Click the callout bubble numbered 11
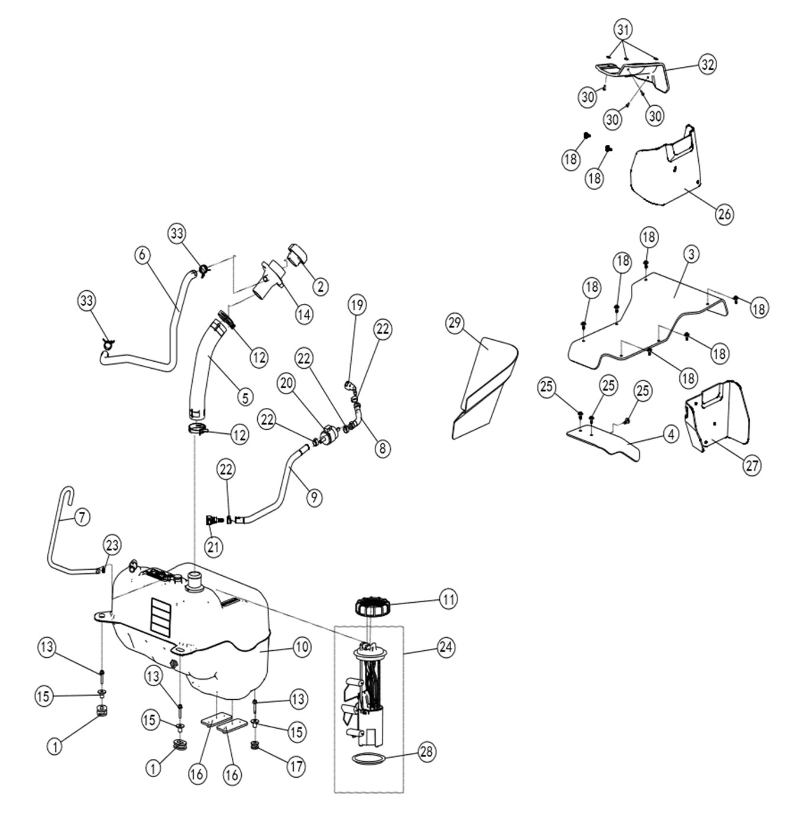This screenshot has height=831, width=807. (x=449, y=599)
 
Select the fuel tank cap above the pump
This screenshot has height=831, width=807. (x=371, y=606)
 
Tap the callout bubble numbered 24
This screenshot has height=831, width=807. (x=446, y=647)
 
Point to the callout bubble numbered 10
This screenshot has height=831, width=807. (x=302, y=647)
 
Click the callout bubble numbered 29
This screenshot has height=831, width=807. (x=456, y=323)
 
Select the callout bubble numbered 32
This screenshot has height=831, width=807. (x=707, y=64)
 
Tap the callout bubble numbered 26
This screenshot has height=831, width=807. (x=724, y=214)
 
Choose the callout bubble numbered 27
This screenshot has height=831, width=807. (x=752, y=465)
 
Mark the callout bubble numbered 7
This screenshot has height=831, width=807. (x=82, y=518)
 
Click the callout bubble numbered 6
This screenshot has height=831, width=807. (x=142, y=255)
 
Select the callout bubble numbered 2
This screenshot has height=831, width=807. (x=320, y=287)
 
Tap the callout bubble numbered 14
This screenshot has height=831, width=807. (x=304, y=314)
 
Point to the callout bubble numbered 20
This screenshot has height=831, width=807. (x=287, y=384)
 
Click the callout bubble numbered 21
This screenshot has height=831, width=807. (x=213, y=546)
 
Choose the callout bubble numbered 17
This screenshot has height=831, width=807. (x=296, y=767)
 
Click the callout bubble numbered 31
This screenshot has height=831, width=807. (x=623, y=28)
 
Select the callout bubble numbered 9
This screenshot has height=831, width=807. (x=315, y=497)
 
